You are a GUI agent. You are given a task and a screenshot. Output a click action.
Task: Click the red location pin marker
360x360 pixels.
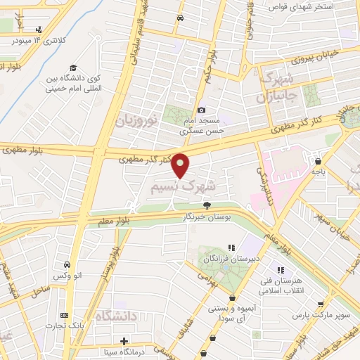point(181,165)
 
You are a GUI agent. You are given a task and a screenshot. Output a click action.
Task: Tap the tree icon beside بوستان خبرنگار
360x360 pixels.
point(207,205)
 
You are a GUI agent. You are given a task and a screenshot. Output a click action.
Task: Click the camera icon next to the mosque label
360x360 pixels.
point(202,110)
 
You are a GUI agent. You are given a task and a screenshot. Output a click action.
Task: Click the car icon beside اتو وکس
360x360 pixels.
point(67,264)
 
